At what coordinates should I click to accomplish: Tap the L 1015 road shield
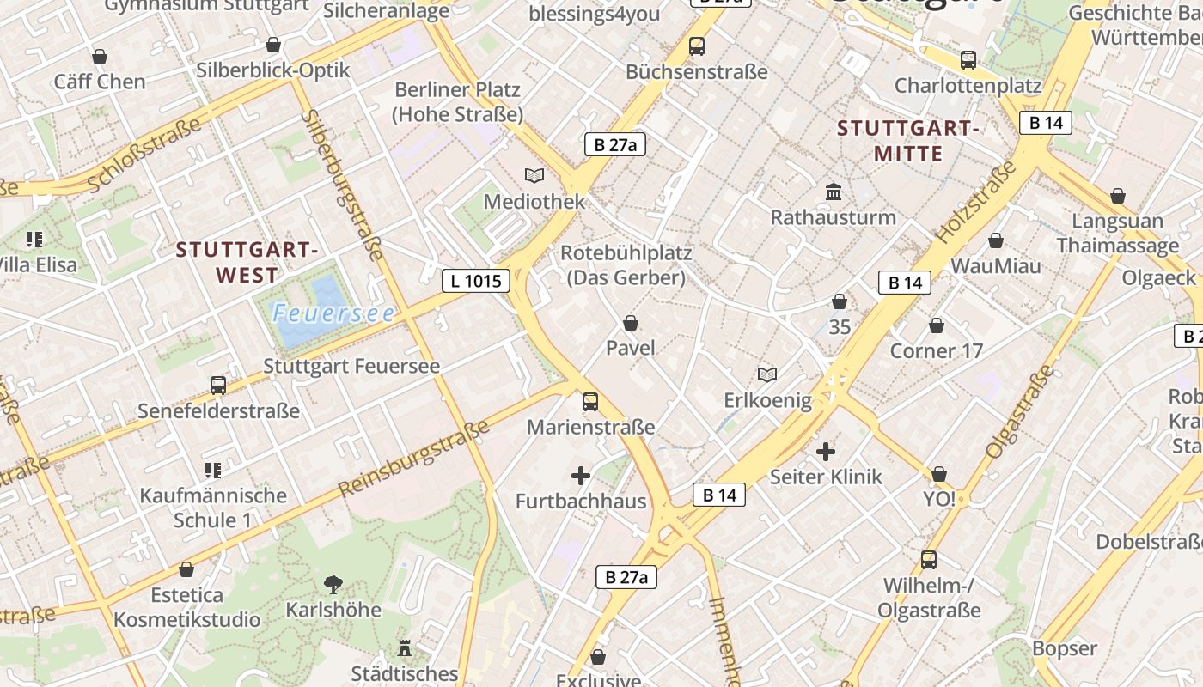476,280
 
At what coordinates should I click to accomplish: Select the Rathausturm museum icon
833,192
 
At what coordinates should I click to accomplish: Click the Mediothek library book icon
534,175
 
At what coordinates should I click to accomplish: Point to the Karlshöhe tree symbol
333,585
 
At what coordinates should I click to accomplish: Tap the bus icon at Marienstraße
590,401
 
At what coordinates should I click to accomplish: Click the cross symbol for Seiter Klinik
826,451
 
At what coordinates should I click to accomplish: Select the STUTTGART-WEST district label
247,263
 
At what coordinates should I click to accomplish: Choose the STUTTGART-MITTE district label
908,141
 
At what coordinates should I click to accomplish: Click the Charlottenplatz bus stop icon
968,60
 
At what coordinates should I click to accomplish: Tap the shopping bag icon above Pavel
631,323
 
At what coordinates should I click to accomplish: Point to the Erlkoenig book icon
767,374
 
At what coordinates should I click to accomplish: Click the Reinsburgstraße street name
415,458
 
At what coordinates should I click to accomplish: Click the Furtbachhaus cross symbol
581,475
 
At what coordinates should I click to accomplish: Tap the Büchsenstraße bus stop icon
696,46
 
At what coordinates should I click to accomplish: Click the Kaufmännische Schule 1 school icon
213,470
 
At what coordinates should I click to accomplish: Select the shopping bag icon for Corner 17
937,325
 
